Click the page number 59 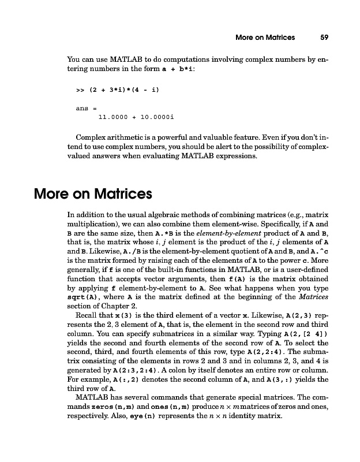[x=324, y=38]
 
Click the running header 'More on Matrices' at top [x=265, y=38]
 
